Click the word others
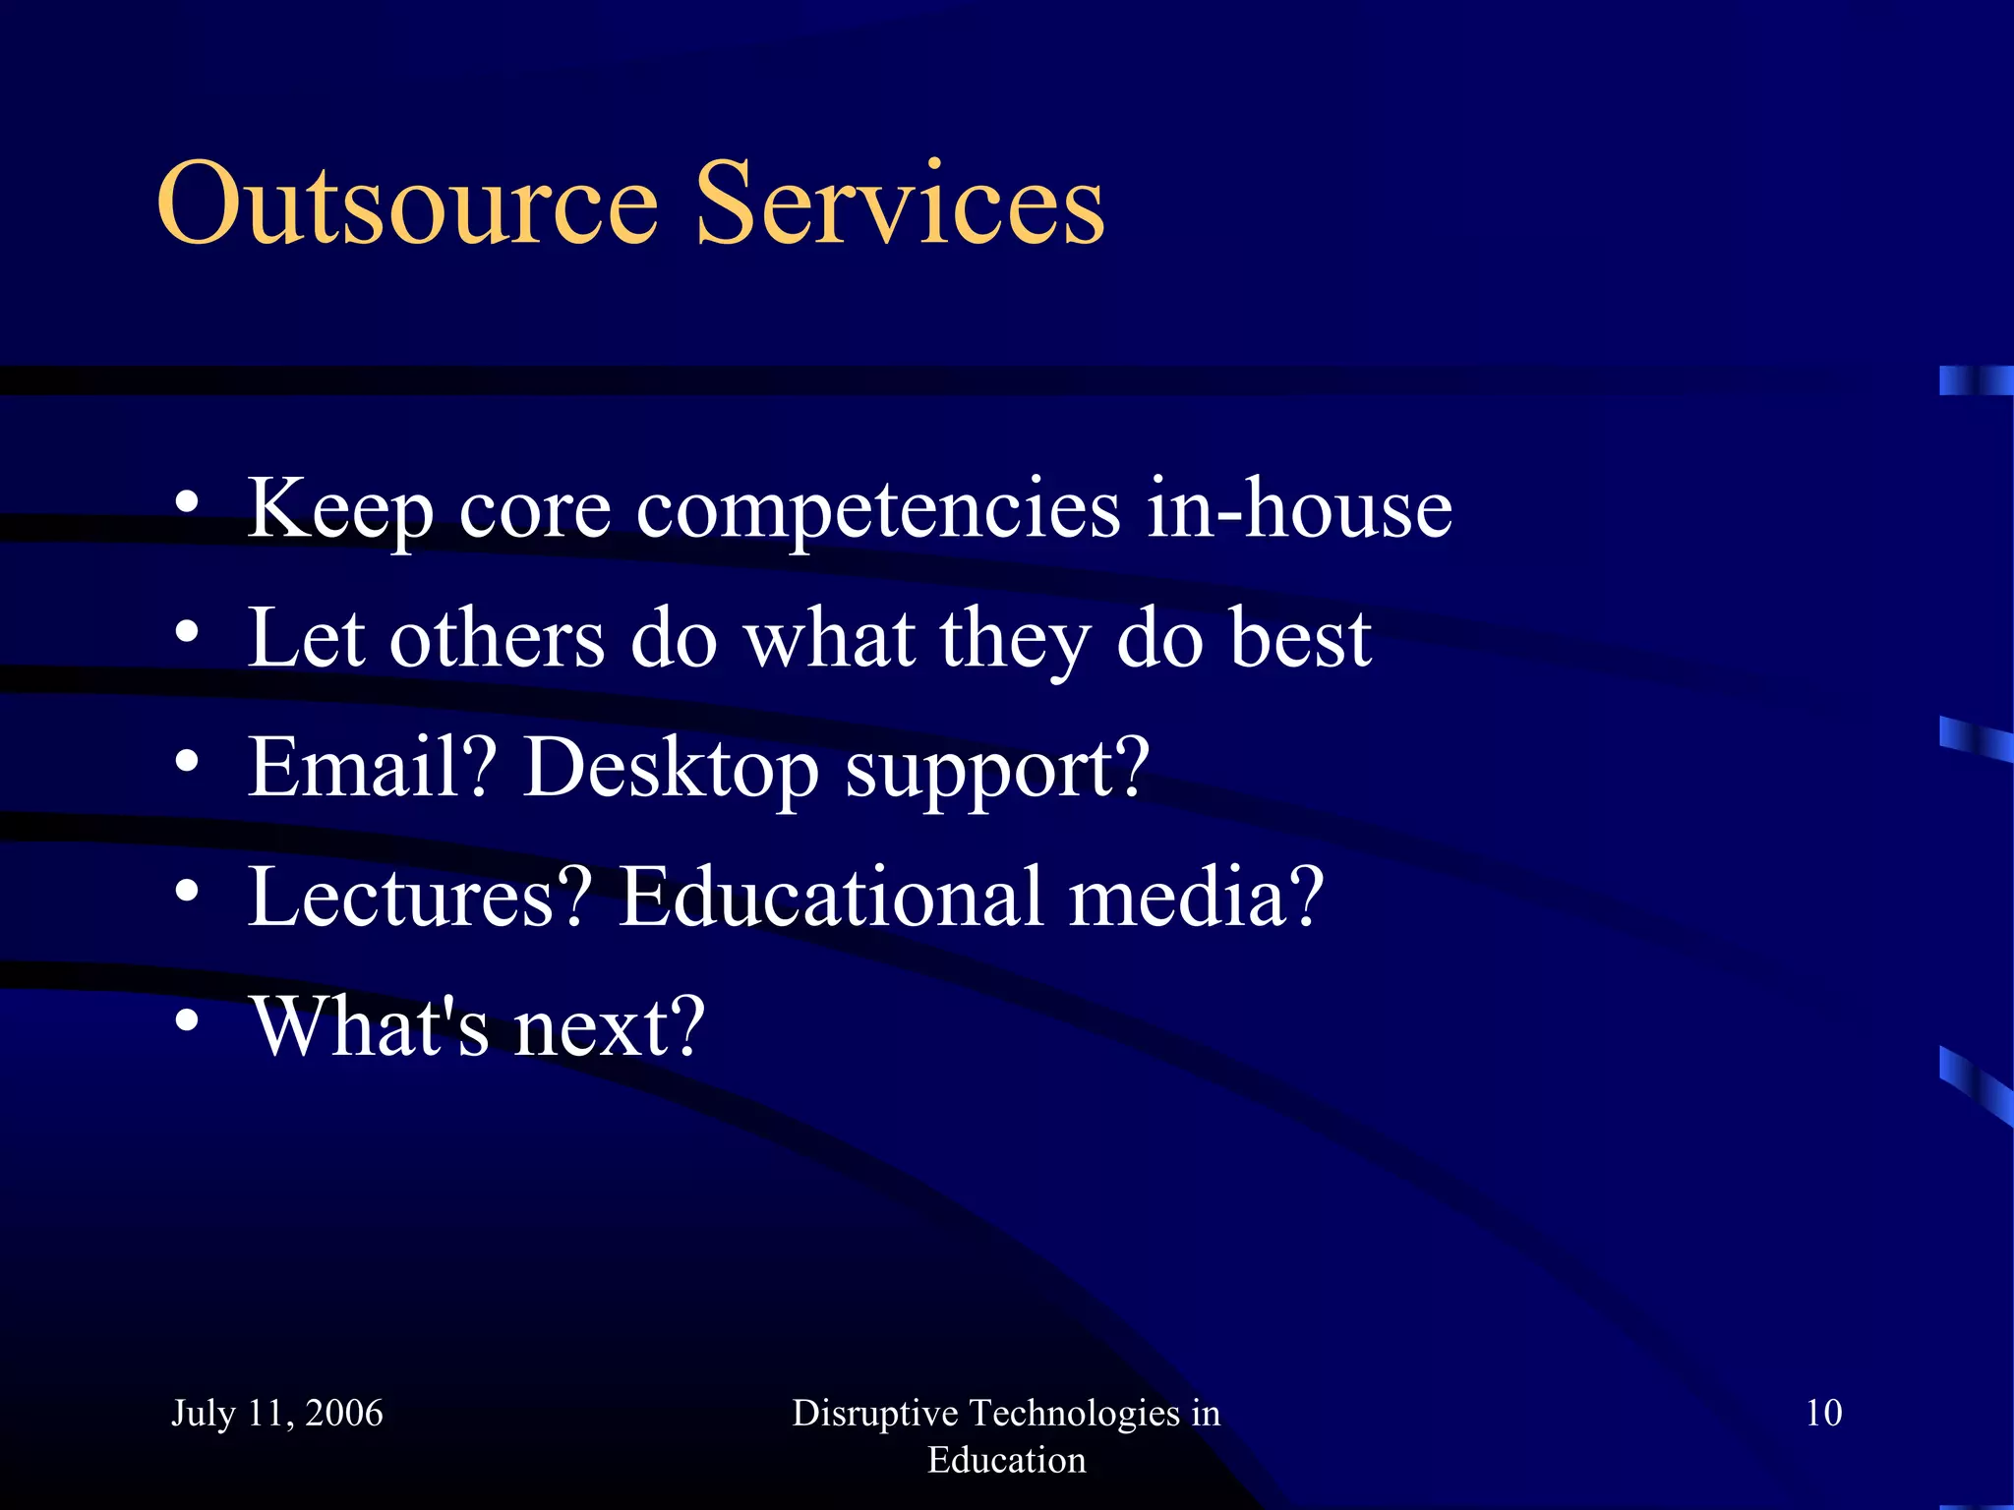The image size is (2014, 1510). (x=497, y=638)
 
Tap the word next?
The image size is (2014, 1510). (x=610, y=1027)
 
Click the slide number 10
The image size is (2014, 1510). (x=1823, y=1413)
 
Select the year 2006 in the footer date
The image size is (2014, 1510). (x=343, y=1413)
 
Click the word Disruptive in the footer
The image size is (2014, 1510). (x=874, y=1413)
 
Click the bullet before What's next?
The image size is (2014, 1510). (x=187, y=1020)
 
